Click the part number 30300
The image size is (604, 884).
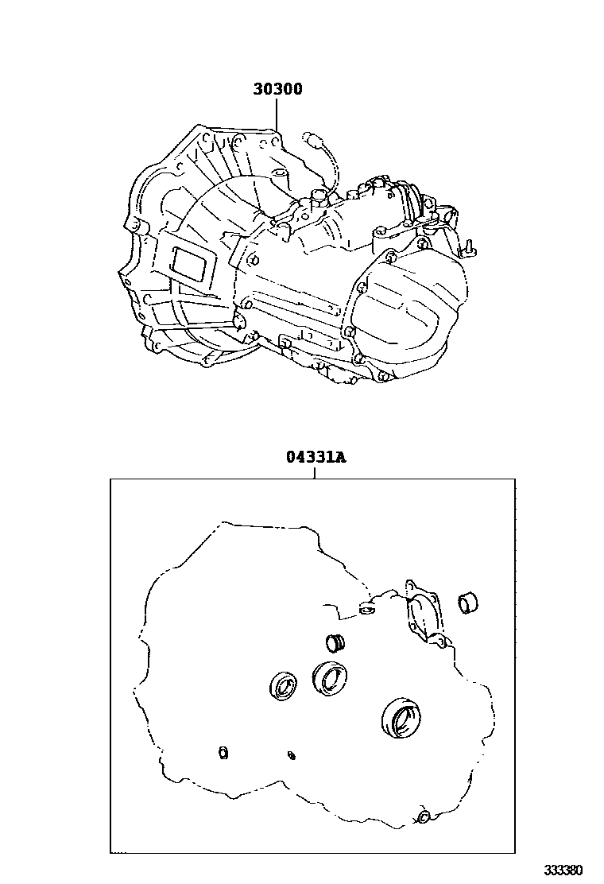(x=277, y=89)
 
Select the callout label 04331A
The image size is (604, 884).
(x=316, y=456)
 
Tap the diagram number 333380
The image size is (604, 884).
(x=563, y=870)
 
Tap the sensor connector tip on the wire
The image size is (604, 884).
(x=312, y=137)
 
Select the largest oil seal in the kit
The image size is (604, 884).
(x=401, y=716)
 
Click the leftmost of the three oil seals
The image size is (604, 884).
(x=285, y=685)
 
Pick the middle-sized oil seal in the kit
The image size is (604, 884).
(x=330, y=677)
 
